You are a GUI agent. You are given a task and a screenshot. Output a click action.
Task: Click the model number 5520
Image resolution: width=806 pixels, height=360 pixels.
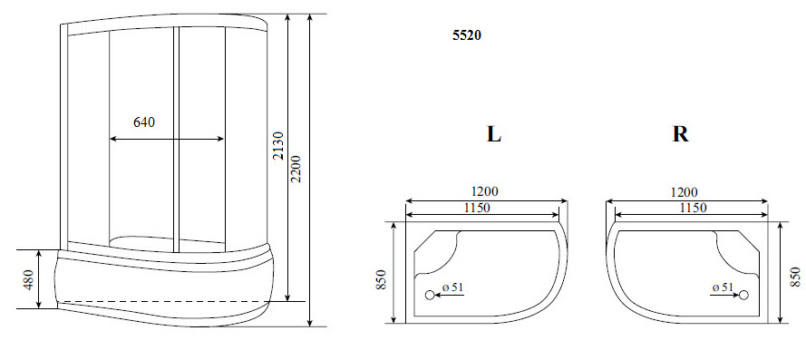click(x=467, y=37)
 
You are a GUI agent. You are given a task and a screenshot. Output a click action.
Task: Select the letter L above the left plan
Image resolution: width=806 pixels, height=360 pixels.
click(x=493, y=134)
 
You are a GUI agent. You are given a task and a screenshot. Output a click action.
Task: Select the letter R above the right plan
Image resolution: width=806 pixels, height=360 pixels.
click(x=680, y=134)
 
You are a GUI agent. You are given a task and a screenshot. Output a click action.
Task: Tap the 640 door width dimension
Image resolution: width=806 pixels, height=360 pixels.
click(x=144, y=122)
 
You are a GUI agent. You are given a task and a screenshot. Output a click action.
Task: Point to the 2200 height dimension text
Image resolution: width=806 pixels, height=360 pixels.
click(x=297, y=168)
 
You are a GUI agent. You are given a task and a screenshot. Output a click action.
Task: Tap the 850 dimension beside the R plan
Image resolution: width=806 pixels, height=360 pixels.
click(x=795, y=277)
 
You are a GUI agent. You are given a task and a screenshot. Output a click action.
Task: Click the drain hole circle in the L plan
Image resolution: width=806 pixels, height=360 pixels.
click(x=430, y=295)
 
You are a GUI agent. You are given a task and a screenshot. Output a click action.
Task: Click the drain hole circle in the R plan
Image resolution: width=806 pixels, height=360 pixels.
click(x=743, y=295)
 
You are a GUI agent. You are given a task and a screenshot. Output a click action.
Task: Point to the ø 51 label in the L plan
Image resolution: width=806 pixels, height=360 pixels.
click(x=453, y=287)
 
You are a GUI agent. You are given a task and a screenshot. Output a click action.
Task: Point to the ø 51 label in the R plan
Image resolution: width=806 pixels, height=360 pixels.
click(x=723, y=287)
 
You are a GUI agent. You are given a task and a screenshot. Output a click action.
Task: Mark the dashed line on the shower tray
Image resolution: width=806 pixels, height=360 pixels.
click(x=163, y=300)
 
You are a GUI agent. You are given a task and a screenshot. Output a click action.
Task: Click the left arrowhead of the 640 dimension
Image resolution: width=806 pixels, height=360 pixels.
click(x=112, y=139)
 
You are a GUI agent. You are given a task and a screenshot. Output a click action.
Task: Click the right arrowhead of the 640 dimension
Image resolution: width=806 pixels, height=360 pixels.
click(x=221, y=139)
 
